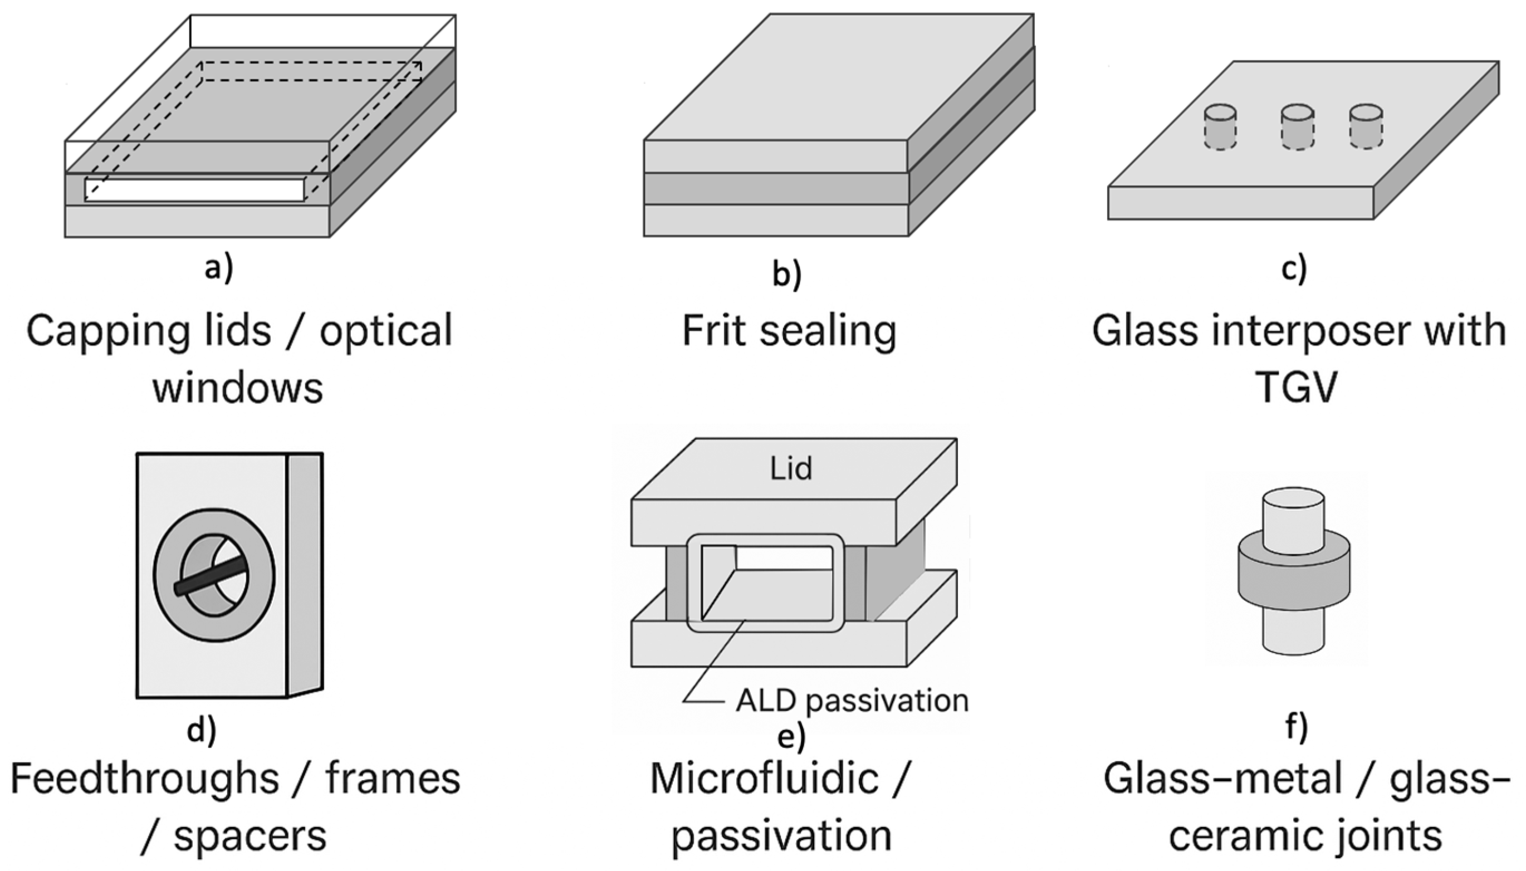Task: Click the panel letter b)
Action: [x=786, y=273]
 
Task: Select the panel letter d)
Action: [x=202, y=730]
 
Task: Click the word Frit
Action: [x=716, y=331]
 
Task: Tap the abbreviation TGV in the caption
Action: [x=1295, y=387]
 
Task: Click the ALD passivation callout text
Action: [x=852, y=701]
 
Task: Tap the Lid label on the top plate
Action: [x=791, y=468]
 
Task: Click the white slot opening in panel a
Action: [x=194, y=190]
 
